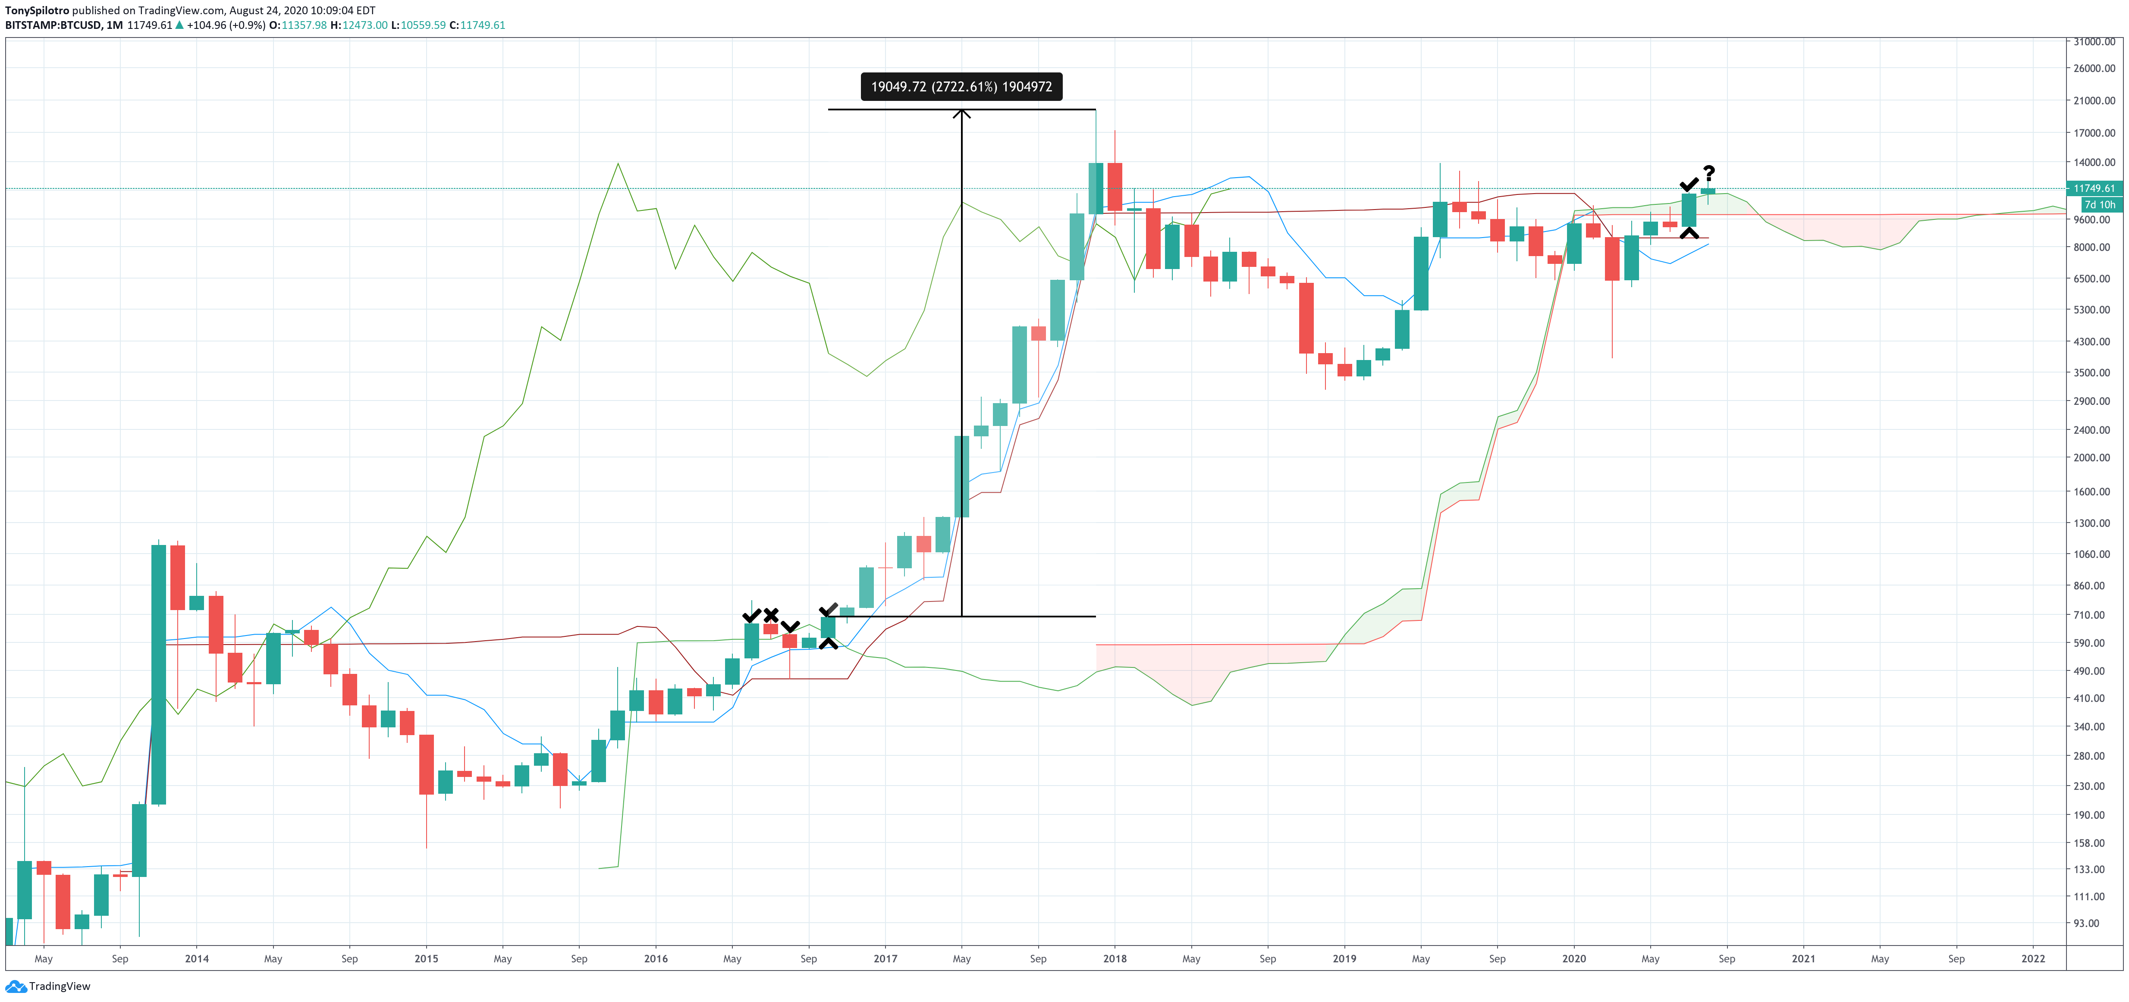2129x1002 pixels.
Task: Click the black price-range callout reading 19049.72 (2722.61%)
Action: tap(961, 87)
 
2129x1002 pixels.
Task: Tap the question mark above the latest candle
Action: tap(1708, 172)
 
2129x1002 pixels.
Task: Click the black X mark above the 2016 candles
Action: tap(770, 614)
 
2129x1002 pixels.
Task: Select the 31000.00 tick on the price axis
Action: tap(2094, 41)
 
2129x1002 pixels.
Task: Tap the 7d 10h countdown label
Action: tap(2099, 204)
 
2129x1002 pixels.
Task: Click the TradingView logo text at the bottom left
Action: tap(60, 986)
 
